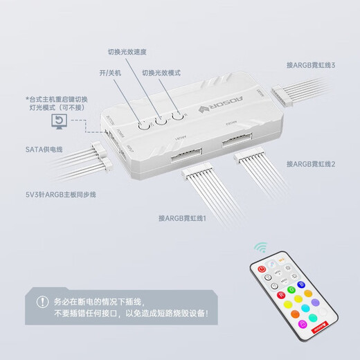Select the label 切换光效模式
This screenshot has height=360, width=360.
[163, 72]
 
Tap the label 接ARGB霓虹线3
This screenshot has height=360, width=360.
[311, 66]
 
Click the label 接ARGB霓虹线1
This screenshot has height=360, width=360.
[187, 218]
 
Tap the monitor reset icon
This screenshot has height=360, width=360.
[60, 123]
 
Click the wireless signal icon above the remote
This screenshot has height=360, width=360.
[261, 247]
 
